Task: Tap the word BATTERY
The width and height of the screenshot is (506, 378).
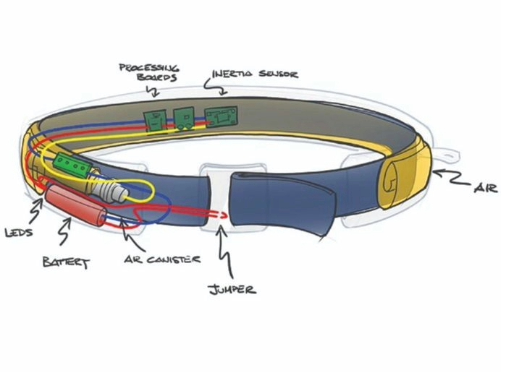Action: point(66,262)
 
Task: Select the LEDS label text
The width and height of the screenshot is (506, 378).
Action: point(19,232)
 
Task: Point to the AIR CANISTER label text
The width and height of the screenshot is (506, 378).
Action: point(162,259)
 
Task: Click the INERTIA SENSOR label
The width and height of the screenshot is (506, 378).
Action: point(256,74)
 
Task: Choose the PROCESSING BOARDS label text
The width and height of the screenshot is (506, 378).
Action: point(149,72)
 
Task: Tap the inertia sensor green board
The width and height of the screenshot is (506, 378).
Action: point(222,116)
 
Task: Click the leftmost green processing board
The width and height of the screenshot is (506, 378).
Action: point(155,121)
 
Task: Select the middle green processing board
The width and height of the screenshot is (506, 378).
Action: point(184,119)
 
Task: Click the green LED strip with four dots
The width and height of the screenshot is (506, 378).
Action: point(72,165)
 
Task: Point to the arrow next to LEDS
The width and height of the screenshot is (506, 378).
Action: point(36,211)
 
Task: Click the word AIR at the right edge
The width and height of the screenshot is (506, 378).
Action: point(486,187)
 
